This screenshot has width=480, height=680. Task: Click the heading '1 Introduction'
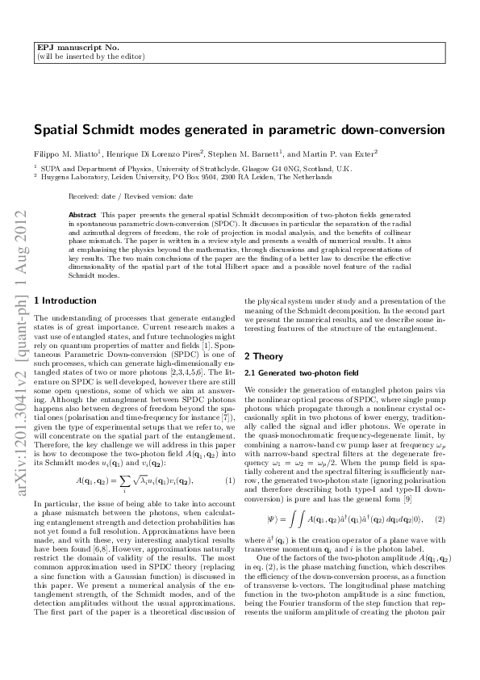coord(68,300)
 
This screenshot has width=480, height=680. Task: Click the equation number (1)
coord(230,459)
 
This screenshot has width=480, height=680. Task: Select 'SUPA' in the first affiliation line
coord(51,167)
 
